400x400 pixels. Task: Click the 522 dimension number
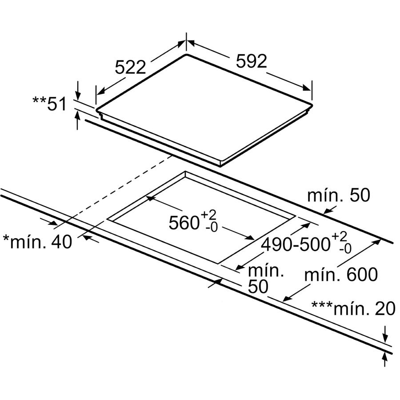coord(130,67)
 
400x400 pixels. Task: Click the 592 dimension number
coord(251,61)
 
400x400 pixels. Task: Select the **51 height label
coord(49,104)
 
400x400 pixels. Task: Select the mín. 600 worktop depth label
coord(341,274)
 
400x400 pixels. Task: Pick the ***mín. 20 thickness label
coord(353,308)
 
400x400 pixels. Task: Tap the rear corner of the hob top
coord(187,55)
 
